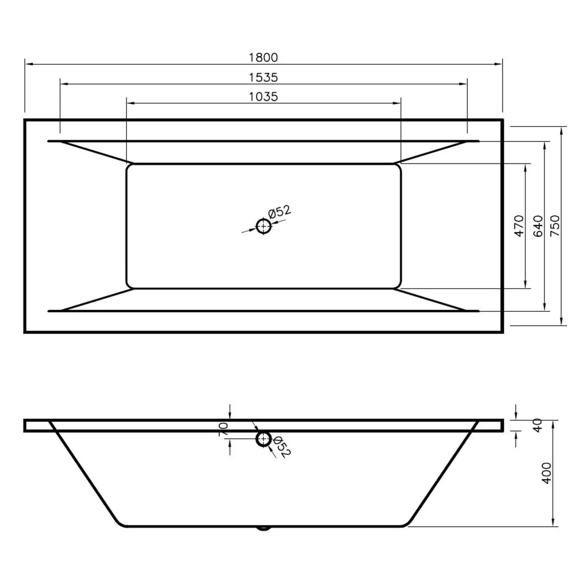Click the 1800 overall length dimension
pyautogui.click(x=263, y=58)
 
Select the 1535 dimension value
pyautogui.click(x=263, y=77)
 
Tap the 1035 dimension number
pyautogui.click(x=263, y=96)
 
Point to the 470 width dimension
pyautogui.click(x=519, y=226)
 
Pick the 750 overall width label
pyautogui.click(x=555, y=226)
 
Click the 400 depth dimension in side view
pyautogui.click(x=546, y=473)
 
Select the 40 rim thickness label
pyautogui.click(x=537, y=425)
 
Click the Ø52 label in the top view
pyautogui.click(x=279, y=212)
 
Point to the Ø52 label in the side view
pyautogui.click(x=282, y=447)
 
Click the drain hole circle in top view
pyautogui.click(x=264, y=226)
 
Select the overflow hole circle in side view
pyautogui.click(x=264, y=439)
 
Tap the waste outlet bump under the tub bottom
pyautogui.click(x=264, y=528)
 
